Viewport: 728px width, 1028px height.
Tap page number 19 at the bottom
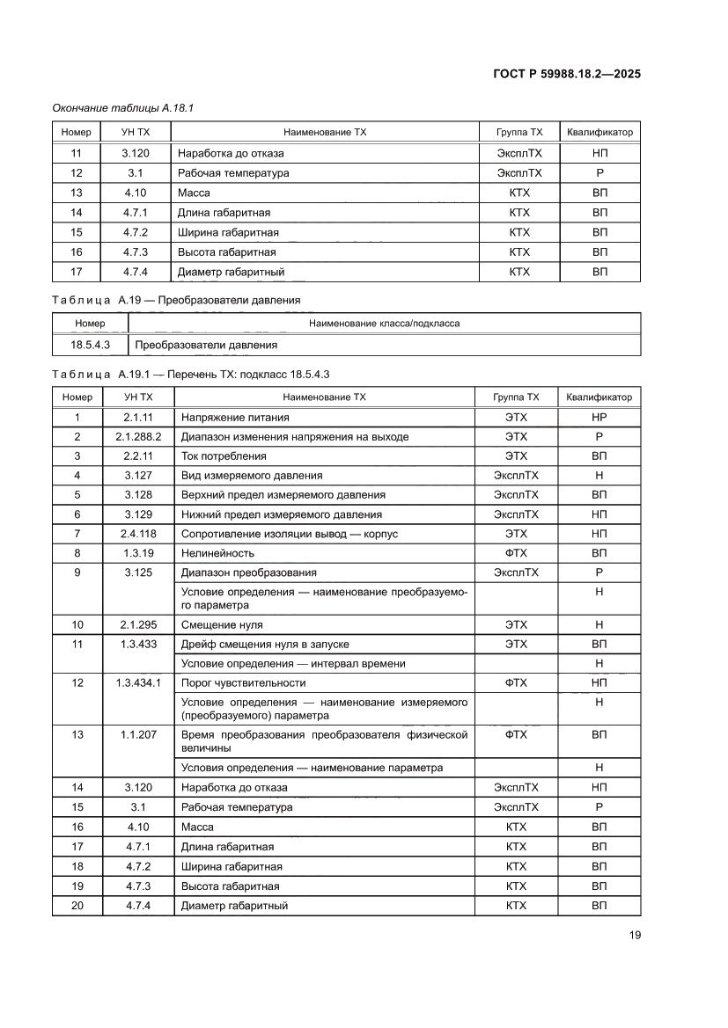click(x=634, y=935)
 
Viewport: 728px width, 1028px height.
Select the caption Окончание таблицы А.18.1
click(x=122, y=107)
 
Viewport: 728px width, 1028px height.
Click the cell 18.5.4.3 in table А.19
click(x=90, y=345)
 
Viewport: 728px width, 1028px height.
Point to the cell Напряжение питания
click(x=235, y=417)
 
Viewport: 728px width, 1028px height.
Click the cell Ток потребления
click(x=224, y=456)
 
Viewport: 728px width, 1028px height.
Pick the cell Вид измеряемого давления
click(x=251, y=475)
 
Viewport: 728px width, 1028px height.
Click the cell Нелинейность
click(x=217, y=553)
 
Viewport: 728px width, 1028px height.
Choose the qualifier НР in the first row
click(x=599, y=417)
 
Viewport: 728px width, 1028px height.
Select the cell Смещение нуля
click(x=221, y=624)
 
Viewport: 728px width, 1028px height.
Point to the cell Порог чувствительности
click(x=243, y=682)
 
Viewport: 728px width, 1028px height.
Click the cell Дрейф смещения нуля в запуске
click(x=261, y=644)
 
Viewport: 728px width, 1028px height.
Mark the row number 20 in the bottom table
click(x=77, y=905)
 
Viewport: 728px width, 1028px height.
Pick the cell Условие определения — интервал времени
click(x=293, y=663)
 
